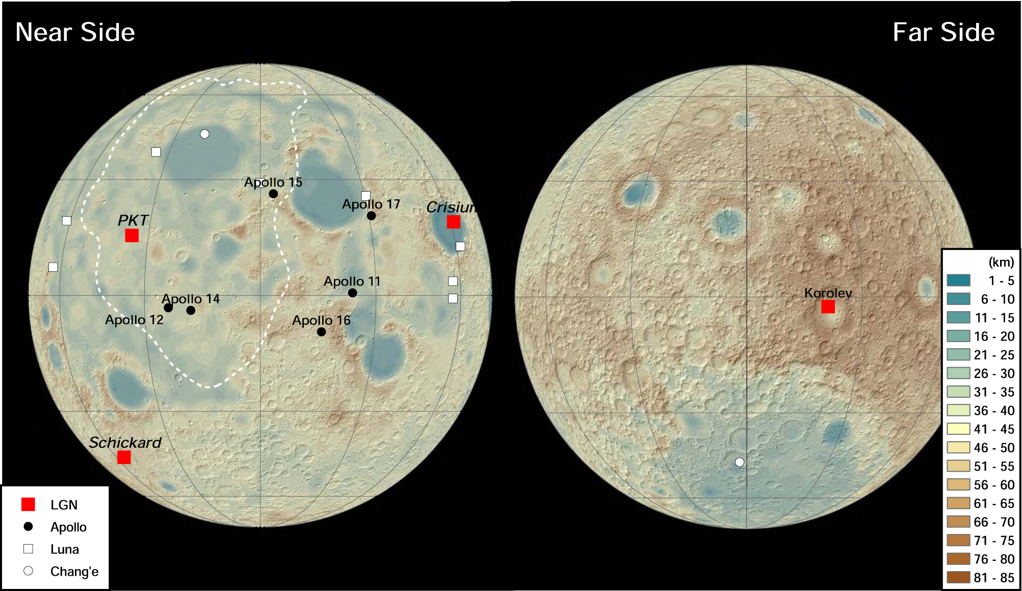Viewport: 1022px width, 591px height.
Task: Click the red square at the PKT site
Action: coord(132,235)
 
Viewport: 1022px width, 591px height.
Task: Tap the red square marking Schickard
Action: coord(124,457)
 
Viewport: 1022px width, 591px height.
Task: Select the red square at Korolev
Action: coord(828,306)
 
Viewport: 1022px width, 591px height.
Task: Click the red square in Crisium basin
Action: coord(453,222)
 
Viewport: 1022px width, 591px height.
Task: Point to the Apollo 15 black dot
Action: coord(273,194)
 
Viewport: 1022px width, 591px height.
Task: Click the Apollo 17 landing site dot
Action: coord(371,216)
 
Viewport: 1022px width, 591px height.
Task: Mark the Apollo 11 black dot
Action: coord(352,293)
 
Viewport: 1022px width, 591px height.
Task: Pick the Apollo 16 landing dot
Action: coord(321,332)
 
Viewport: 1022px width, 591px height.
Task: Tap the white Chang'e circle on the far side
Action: coord(739,462)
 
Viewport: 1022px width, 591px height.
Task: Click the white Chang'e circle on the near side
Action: coord(204,134)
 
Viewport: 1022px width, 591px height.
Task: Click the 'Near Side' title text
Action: coord(75,32)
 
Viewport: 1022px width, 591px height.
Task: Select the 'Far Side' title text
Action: coord(944,32)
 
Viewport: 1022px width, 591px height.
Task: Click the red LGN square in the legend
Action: coord(28,504)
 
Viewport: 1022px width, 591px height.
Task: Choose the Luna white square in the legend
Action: coord(29,549)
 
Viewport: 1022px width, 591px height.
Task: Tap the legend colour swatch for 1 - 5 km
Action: coord(958,280)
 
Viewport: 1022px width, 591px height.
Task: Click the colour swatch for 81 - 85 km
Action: coord(958,577)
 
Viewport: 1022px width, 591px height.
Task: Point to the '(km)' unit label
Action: coord(1001,262)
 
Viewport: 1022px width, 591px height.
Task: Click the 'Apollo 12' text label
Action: coord(134,320)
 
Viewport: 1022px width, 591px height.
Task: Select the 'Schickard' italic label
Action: coord(125,442)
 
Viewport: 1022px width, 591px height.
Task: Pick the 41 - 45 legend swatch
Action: coord(958,429)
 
